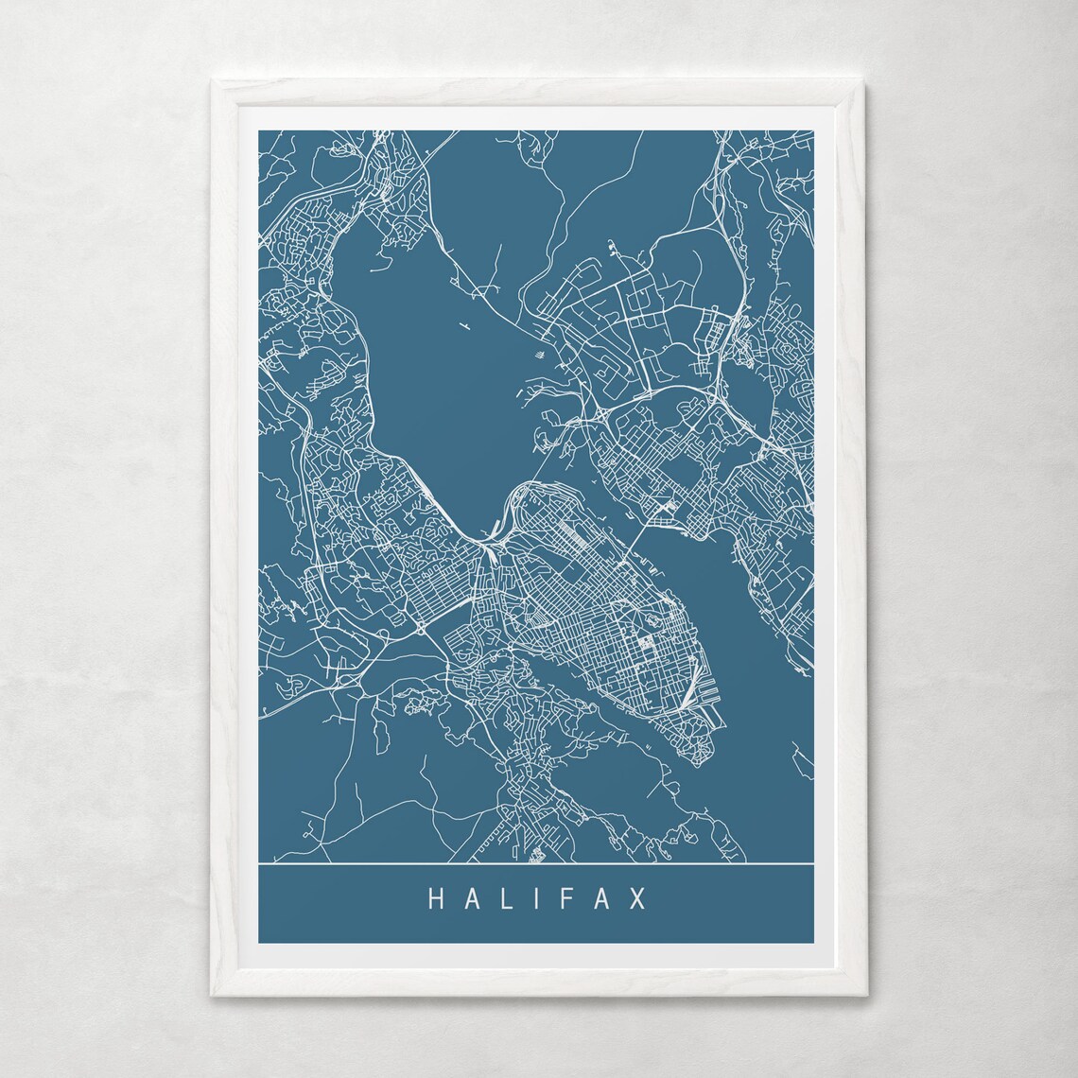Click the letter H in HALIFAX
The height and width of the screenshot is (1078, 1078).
click(437, 898)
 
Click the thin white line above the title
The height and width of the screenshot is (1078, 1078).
click(536, 864)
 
